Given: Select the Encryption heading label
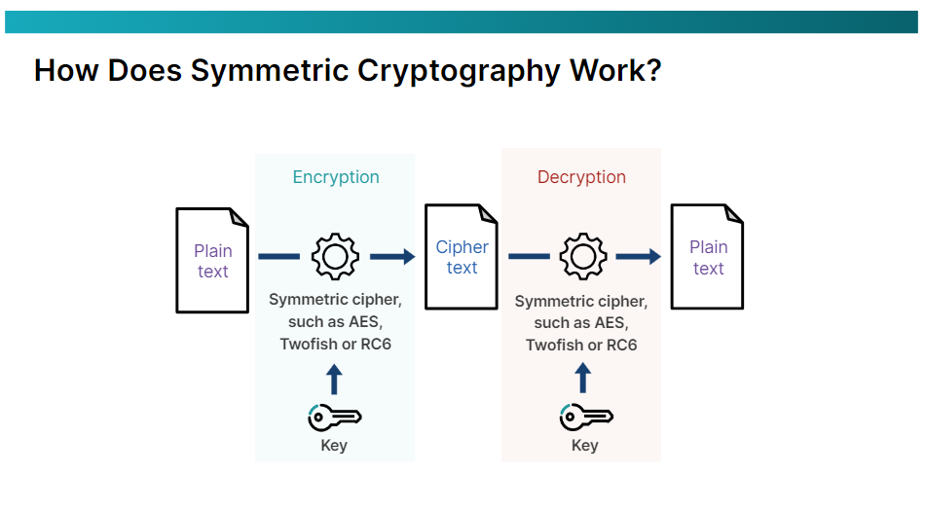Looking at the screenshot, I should pos(336,177).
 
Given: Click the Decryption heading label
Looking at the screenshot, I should pos(581,177).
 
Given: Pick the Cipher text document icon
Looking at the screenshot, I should pos(462,257).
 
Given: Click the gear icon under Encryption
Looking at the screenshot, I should pos(335,256).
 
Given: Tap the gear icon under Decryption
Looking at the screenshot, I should pos(582,256).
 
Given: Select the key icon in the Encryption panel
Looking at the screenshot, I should pos(335,417).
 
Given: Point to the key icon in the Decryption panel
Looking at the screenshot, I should pos(584,417).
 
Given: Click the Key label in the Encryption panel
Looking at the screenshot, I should pos(334,446).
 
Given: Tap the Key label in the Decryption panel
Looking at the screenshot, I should pos(584,446).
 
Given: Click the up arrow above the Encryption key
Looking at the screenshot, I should pos(334,379).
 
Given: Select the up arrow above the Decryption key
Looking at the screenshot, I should pos(583,379).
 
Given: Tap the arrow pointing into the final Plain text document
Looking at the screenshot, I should pos(639,257).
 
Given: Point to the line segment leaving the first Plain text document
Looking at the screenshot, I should pos(279,257).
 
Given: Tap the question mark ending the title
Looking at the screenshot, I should pos(651,70).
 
